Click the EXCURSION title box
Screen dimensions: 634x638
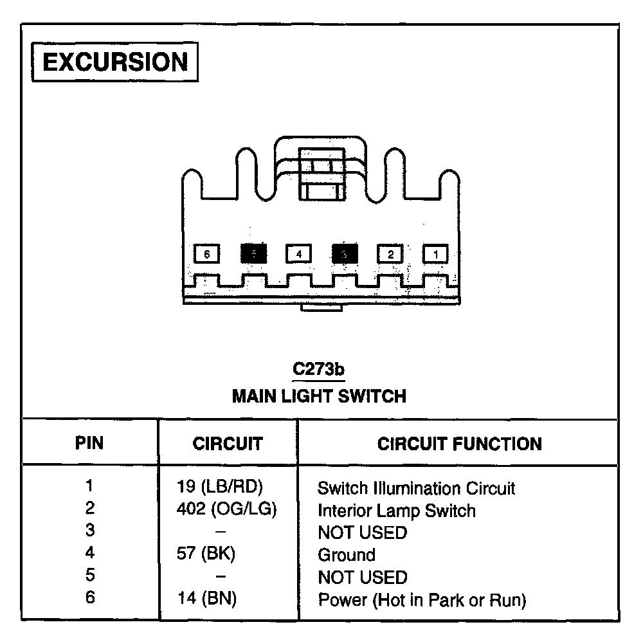tap(115, 62)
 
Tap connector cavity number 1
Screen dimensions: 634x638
tap(435, 254)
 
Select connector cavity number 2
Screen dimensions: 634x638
tap(390, 254)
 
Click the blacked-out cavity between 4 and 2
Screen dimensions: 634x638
tap(345, 254)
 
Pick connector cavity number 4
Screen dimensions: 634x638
tap(298, 254)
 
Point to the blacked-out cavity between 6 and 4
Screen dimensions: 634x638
tap(253, 254)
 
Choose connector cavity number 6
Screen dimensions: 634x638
tap(207, 254)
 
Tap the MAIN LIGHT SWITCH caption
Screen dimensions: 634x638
tap(319, 395)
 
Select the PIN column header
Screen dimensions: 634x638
tap(89, 443)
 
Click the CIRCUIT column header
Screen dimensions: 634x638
tap(228, 444)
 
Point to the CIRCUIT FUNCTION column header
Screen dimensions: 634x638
tap(459, 444)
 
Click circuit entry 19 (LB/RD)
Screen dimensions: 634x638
tap(220, 487)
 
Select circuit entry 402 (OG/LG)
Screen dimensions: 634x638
tap(226, 509)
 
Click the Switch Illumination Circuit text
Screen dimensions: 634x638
tap(416, 488)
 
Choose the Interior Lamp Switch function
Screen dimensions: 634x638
tap(397, 511)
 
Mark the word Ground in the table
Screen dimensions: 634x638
tap(347, 554)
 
